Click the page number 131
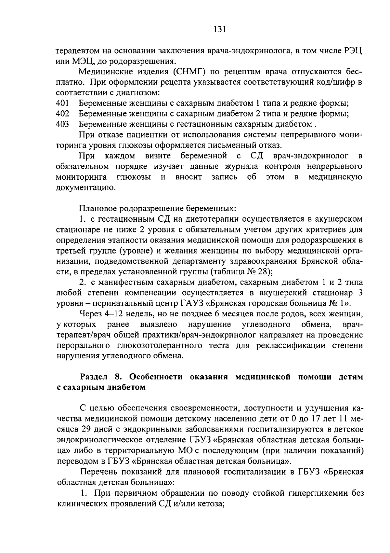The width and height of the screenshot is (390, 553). (x=220, y=30)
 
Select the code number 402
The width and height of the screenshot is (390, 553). (x=62, y=114)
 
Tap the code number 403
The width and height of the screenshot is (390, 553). (x=62, y=124)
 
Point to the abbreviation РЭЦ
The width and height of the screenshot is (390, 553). (x=352, y=51)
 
